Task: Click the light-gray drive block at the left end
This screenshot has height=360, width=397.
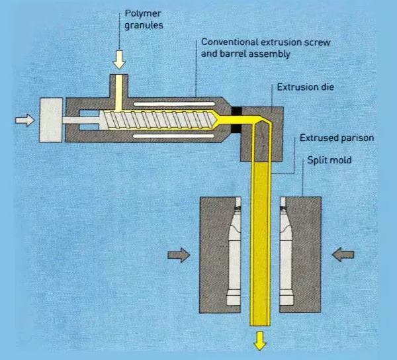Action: click(52, 119)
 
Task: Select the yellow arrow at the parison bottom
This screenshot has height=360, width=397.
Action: click(259, 339)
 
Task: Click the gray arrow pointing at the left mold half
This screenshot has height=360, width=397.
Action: click(177, 255)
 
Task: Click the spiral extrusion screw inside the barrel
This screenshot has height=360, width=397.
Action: click(159, 120)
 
